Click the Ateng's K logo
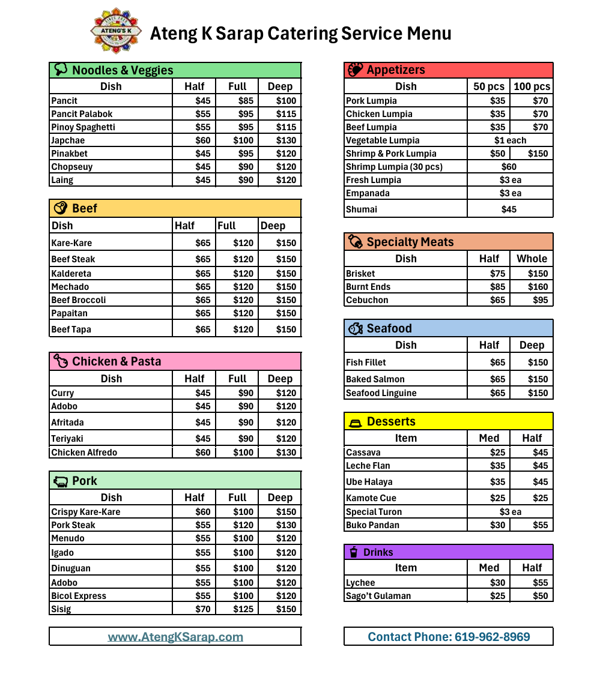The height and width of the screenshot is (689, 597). [x=116, y=31]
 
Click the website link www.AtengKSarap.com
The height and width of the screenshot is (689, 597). [x=175, y=637]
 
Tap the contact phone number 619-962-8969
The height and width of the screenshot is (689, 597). [x=449, y=637]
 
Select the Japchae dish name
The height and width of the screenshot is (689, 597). [x=68, y=140]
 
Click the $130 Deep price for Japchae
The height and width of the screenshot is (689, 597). [x=286, y=140]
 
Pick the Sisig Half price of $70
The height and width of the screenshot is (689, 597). [x=203, y=609]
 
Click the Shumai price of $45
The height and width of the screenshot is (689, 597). [x=509, y=209]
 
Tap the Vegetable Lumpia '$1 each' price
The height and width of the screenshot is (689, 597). [x=510, y=140]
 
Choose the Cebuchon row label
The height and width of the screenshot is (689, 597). [x=367, y=300]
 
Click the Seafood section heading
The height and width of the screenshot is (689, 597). [x=389, y=328]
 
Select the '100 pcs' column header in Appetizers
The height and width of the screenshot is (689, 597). [x=532, y=86]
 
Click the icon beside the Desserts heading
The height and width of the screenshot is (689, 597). [x=356, y=423]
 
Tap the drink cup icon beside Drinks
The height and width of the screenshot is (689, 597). [x=354, y=552]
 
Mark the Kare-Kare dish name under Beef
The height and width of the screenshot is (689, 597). [x=71, y=243]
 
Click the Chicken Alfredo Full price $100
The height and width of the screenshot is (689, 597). [x=243, y=453]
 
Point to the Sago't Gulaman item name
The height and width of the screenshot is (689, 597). [x=378, y=596]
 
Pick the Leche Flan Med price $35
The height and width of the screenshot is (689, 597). [x=497, y=466]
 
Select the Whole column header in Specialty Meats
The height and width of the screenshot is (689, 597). [x=532, y=259]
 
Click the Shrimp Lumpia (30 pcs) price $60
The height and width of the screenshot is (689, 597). [x=509, y=167]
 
